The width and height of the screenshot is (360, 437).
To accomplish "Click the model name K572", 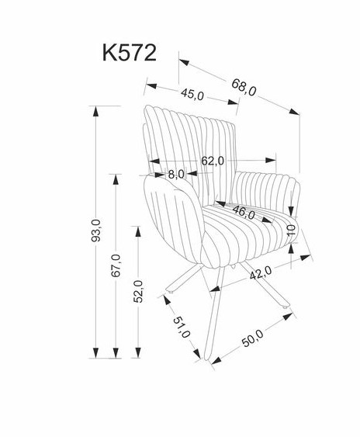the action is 130,53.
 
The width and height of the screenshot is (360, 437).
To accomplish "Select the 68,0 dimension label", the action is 244,87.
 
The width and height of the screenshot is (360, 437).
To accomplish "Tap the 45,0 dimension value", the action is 192,94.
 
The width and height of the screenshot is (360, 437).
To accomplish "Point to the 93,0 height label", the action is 96,231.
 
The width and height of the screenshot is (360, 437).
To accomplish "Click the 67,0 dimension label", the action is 116,265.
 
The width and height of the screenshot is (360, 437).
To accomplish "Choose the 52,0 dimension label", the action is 138,292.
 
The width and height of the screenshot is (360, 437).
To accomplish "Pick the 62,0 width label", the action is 213,161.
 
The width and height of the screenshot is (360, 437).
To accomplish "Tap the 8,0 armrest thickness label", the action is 176,175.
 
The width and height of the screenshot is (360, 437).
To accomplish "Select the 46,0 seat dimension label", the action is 244,213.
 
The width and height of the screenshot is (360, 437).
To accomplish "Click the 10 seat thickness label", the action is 291,231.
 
